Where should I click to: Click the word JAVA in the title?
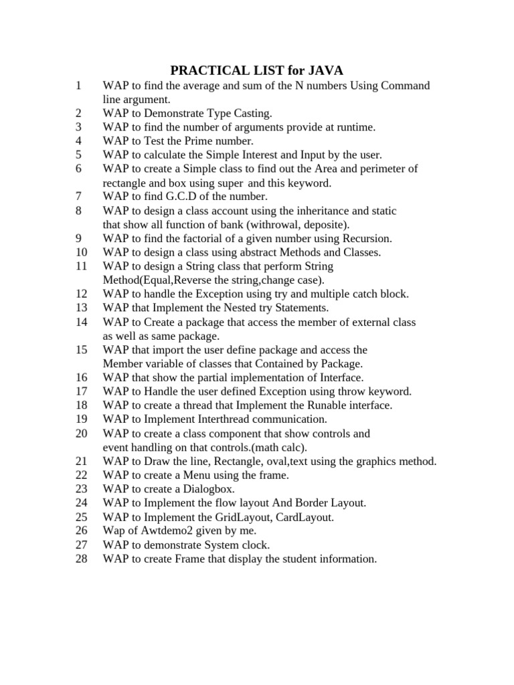coord(324,70)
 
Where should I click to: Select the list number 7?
coord(79,197)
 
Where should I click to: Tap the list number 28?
coord(82,559)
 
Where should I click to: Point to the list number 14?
coord(82,322)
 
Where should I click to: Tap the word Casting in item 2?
coord(250,113)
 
